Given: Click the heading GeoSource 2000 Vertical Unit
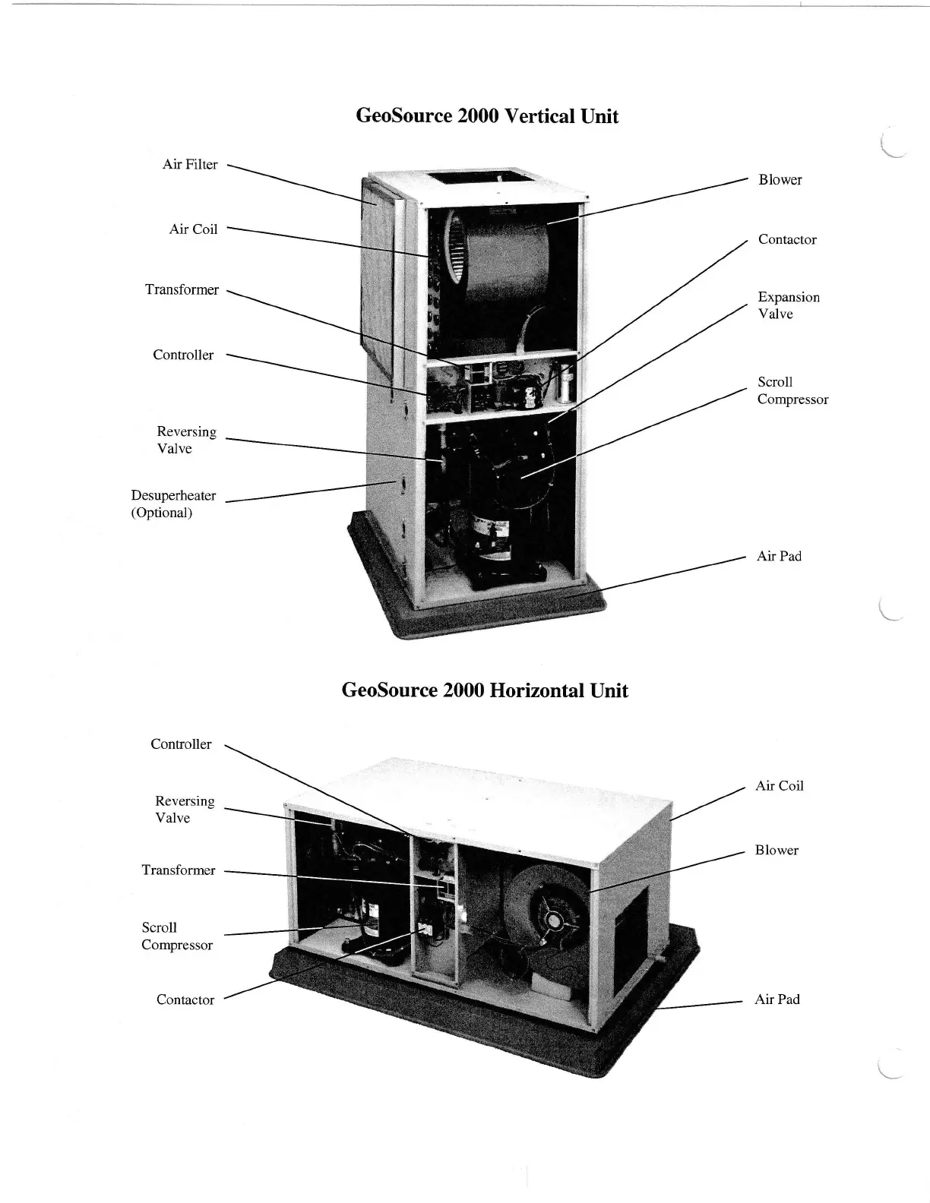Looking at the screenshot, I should coord(487,116).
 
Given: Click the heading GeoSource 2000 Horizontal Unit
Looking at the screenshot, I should coord(485,690).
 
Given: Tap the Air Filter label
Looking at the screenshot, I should coord(190,165).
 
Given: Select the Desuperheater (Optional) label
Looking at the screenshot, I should coord(173,504).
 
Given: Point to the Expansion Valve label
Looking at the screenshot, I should coord(789,305).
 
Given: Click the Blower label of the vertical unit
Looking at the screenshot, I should coord(780,180).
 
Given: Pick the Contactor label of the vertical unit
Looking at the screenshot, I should coord(787,240).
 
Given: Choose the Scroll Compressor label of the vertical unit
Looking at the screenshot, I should coord(792,391).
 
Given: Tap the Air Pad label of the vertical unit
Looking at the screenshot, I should coord(779,557).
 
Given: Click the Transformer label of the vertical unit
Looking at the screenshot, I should coord(182,290).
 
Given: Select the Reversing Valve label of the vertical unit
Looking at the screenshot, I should coord(186,440).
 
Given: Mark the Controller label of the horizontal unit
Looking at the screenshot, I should coord(181,744).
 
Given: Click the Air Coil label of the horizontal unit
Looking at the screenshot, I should coord(780,786).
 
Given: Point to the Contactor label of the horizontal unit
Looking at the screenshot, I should coord(185,1000).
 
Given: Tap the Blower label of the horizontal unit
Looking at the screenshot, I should coord(777,851).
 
